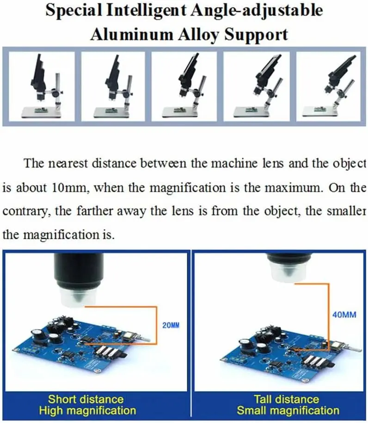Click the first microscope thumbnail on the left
click(x=42, y=86)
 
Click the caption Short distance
click(x=86, y=399)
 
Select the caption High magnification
click(x=87, y=411)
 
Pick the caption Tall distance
click(x=287, y=399)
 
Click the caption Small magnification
click(x=288, y=411)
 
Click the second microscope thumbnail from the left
click(x=113, y=86)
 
